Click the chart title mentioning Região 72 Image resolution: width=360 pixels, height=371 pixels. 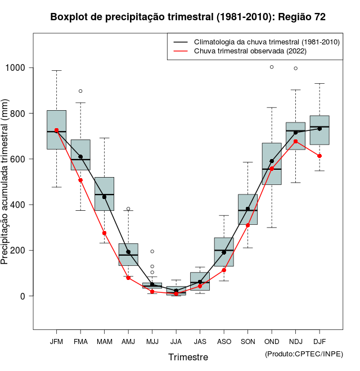pos(187,17)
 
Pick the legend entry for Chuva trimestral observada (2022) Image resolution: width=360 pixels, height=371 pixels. pos(250,51)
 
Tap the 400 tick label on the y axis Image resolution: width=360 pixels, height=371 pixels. pos(19,205)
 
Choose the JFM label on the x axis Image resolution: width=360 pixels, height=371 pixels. pos(56,341)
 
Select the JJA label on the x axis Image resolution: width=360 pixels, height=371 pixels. pos(176,341)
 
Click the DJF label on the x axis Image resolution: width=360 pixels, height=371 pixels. pos(319,341)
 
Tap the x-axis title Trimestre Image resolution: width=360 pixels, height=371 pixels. pos(188,357)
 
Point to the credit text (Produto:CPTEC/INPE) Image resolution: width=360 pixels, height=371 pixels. pos(304,354)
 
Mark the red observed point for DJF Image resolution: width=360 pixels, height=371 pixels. pos(319,156)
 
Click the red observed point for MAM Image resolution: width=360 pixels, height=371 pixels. pos(104,233)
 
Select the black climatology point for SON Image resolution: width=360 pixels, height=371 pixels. pos(247,209)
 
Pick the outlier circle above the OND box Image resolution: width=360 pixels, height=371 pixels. pos(272,67)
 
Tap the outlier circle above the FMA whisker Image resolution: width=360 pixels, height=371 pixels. pos(80,91)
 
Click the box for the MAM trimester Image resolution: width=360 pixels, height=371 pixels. pos(104,194)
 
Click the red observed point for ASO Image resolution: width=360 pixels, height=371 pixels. pos(224,270)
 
